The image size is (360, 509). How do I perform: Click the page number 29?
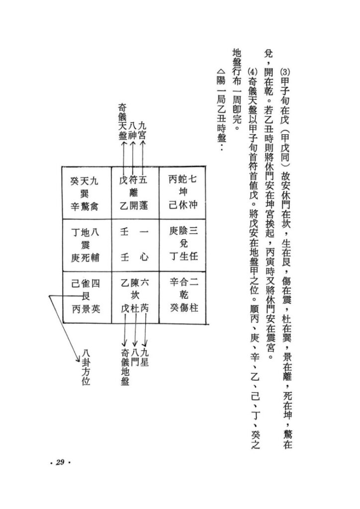(60, 462)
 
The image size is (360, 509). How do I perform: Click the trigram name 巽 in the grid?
(85, 194)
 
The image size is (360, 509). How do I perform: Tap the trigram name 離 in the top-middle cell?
(134, 193)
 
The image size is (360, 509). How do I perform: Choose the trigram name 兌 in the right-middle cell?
(184, 244)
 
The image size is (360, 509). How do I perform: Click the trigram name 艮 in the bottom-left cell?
(86, 296)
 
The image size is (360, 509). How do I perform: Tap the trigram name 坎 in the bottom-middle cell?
(134, 295)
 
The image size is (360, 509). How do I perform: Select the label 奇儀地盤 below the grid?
(125, 367)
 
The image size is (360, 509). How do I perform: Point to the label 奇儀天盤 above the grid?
(122, 121)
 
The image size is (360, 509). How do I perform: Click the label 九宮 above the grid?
(142, 130)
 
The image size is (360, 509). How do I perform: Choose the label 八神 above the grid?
(132, 131)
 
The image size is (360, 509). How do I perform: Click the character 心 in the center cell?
(144, 257)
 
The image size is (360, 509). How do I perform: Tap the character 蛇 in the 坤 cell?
(182, 178)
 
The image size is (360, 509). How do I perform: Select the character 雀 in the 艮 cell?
(86, 283)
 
